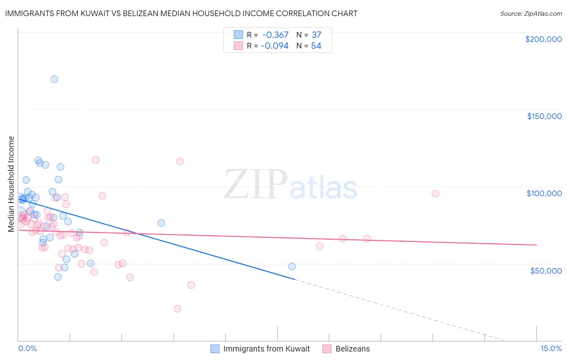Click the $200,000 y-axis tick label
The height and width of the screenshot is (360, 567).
(x=543, y=39)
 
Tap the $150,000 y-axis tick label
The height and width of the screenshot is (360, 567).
(x=544, y=116)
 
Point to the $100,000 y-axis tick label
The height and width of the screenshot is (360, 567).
(x=544, y=193)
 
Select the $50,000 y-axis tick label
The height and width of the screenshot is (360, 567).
(x=546, y=270)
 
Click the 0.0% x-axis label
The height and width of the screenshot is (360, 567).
(x=27, y=348)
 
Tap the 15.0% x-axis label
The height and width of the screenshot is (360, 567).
(x=551, y=348)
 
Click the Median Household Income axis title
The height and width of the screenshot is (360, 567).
(x=11, y=184)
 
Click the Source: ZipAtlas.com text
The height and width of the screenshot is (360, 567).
(x=531, y=13)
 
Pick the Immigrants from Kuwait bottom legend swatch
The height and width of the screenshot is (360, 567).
(x=215, y=349)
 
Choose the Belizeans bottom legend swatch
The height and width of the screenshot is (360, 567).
(x=327, y=349)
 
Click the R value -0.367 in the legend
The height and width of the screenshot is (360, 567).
(x=275, y=35)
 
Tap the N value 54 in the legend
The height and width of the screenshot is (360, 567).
(x=316, y=46)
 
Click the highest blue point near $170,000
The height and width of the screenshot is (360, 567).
(x=54, y=79)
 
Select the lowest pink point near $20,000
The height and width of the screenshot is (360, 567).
(x=177, y=309)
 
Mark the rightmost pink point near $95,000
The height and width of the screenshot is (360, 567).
(x=435, y=194)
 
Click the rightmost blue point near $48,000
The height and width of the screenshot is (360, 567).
(x=292, y=266)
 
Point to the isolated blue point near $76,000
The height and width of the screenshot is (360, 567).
(x=161, y=223)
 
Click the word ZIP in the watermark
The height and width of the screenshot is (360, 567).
(x=256, y=185)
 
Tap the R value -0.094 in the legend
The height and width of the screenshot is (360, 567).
(x=275, y=46)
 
